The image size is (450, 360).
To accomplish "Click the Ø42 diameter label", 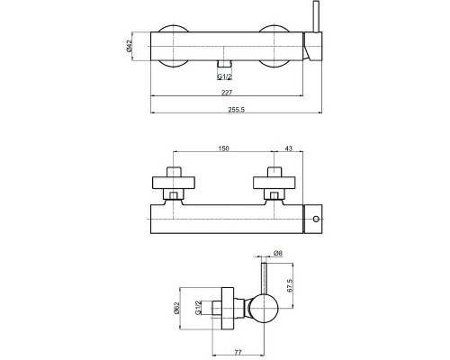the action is coord(129,46).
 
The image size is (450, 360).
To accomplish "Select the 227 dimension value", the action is coord(227,93).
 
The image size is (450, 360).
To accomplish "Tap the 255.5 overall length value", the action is coord(237,110).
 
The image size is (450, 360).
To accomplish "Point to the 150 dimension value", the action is coord(224,148).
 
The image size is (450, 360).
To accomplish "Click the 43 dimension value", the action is coord(288,148).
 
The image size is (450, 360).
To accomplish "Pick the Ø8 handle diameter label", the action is coord(278,254).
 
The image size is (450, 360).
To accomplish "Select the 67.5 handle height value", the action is coord(290,285).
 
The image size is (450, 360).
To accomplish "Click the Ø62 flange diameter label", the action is coord(176,308).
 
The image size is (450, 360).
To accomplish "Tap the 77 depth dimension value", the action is coord(238,353).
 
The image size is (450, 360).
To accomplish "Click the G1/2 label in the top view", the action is coord(224,76).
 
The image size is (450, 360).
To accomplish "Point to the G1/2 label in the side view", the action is coord(198,308).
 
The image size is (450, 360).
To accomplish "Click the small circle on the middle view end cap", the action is coord(316,219).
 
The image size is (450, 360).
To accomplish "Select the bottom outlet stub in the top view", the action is coord(224,64).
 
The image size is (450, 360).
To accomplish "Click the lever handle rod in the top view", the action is coord(316,16).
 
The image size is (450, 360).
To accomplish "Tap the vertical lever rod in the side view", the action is coord(264,278).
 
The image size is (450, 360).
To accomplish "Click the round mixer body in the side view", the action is coord(264,309).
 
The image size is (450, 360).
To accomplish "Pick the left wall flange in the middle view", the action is coord(174,183).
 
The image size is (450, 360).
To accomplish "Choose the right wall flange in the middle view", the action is coord(274,183).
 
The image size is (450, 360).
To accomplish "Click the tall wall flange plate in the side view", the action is coord(228,309).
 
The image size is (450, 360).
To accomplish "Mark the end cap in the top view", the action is coord(313,47).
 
